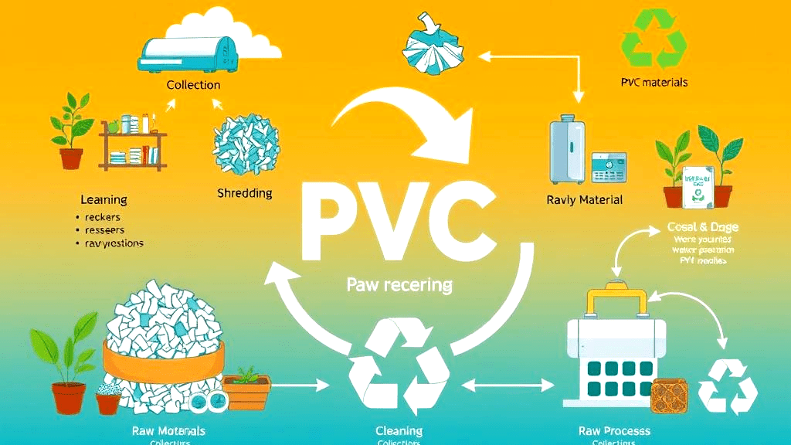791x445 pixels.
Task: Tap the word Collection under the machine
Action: point(193,85)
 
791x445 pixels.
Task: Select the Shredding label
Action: point(245,192)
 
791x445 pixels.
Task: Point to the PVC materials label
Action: point(654,82)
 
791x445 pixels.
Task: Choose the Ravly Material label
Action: point(584,200)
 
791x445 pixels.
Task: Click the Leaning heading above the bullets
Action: point(104,199)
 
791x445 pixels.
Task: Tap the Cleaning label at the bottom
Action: point(399,430)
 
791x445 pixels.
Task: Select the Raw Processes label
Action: point(614,430)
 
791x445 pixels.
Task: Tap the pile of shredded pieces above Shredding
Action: point(246,143)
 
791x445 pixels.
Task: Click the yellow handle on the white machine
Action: point(617,301)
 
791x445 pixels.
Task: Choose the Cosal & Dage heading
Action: point(702,227)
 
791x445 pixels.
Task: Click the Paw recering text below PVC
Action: point(399,284)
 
